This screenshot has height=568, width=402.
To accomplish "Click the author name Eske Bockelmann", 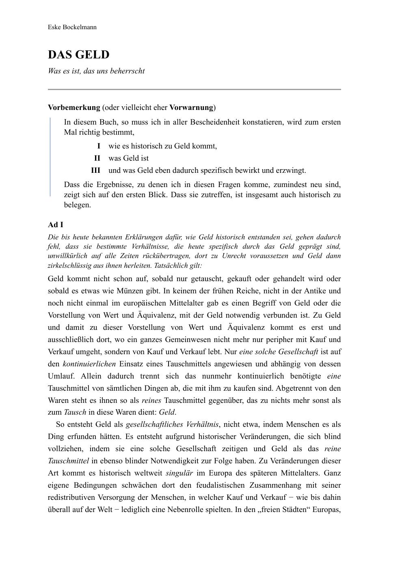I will coord(72,27).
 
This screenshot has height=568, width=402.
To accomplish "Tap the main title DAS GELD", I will coord(79,55).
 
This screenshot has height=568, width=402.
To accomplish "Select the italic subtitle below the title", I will coord(96,71).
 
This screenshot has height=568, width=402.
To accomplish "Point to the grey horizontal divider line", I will coord(194,89).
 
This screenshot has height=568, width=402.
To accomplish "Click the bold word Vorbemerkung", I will coord(74,108).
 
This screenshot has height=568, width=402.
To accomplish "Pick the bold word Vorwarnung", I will coord(191,108).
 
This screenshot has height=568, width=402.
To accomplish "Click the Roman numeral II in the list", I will coord(97,158).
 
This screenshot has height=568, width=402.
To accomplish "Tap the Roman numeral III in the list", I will coord(95,170).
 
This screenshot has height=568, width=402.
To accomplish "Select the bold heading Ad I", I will coord(56,225).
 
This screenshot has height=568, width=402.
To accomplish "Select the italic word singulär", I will coord(179,473).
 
